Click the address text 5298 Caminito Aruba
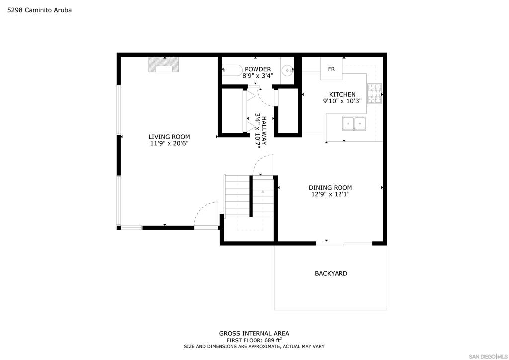tap(40, 10)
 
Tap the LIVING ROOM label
tap(169, 137)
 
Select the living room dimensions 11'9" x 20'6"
tap(169, 143)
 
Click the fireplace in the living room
tap(164, 64)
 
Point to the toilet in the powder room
tap(232, 70)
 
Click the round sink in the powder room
tap(287, 69)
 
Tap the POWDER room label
tap(258, 69)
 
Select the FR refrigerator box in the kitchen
tap(331, 68)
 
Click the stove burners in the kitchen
tap(374, 93)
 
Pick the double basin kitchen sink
tap(354, 124)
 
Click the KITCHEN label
tap(342, 95)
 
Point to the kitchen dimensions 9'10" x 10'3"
tap(342, 101)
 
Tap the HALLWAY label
tap(264, 131)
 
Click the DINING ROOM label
tap(330, 187)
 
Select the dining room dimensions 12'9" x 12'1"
tap(330, 194)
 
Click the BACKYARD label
tap(331, 273)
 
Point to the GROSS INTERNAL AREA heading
tap(254, 333)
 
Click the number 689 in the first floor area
tap(269, 340)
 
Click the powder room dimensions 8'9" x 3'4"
tap(258, 75)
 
